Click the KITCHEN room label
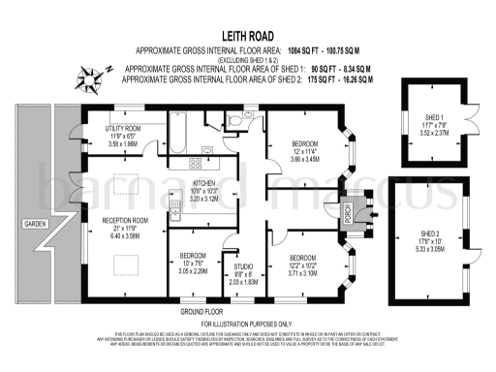point(203,183)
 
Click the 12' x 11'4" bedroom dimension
point(305,150)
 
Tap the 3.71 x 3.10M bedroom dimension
point(306,274)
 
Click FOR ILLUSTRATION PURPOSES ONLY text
point(247,324)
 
